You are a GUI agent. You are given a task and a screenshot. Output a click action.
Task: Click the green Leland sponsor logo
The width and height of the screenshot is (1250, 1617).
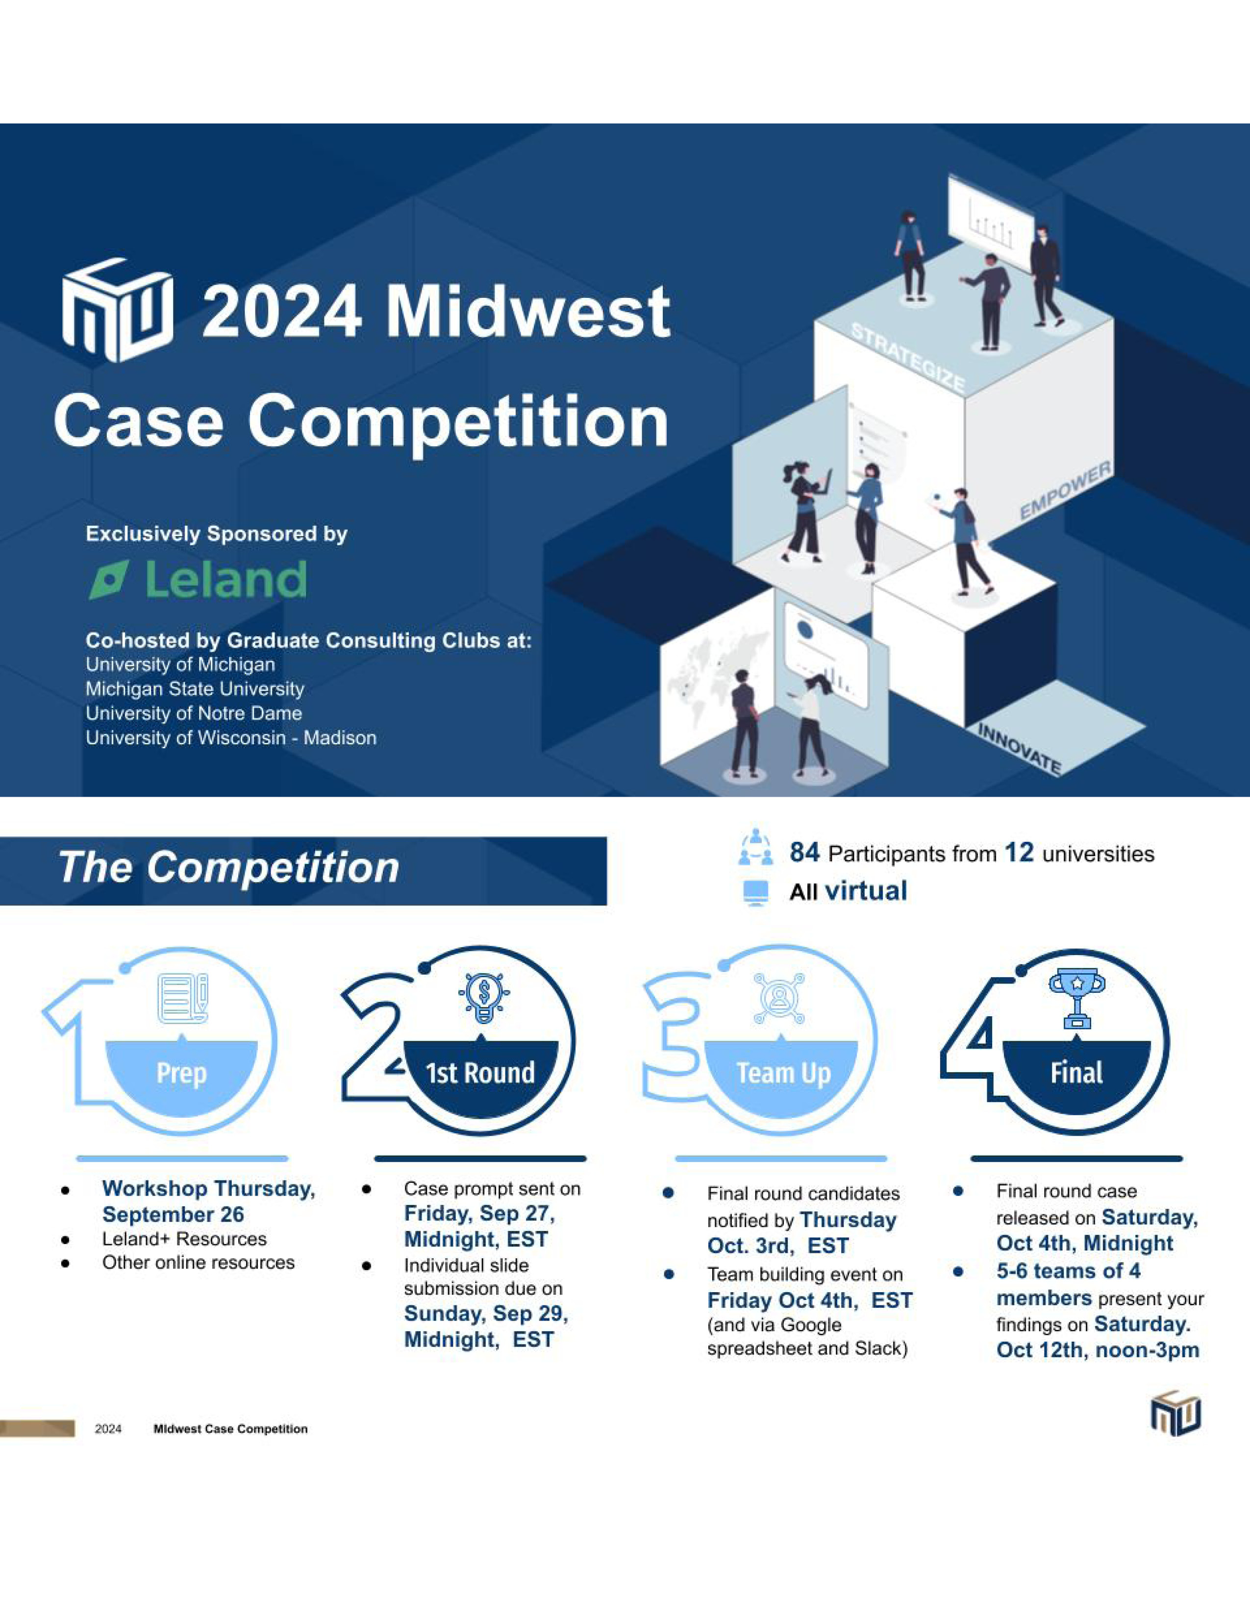(x=198, y=579)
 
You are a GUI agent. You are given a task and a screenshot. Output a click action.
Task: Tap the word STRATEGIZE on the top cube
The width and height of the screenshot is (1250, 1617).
(x=908, y=358)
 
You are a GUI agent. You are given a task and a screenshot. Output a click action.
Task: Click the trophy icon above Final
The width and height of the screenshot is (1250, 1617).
(x=1077, y=1000)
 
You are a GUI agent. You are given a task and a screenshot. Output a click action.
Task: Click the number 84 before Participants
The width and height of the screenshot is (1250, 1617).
(x=804, y=853)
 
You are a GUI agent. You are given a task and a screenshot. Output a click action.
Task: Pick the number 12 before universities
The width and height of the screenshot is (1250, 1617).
(x=1019, y=853)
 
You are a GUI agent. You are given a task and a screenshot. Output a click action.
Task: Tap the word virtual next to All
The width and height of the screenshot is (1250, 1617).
(x=866, y=891)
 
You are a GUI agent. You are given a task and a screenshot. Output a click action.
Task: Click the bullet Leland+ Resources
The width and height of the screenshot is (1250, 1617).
(x=184, y=1239)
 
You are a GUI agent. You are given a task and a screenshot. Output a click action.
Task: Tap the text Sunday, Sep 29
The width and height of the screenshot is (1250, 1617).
(x=486, y=1313)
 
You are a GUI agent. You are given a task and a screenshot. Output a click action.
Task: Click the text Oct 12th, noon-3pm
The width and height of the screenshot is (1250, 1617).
(x=1098, y=1350)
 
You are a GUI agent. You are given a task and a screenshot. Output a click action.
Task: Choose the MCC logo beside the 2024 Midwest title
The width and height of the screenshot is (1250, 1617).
(x=118, y=310)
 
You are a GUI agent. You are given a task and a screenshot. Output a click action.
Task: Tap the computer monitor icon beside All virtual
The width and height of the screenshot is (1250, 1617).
(x=755, y=892)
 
